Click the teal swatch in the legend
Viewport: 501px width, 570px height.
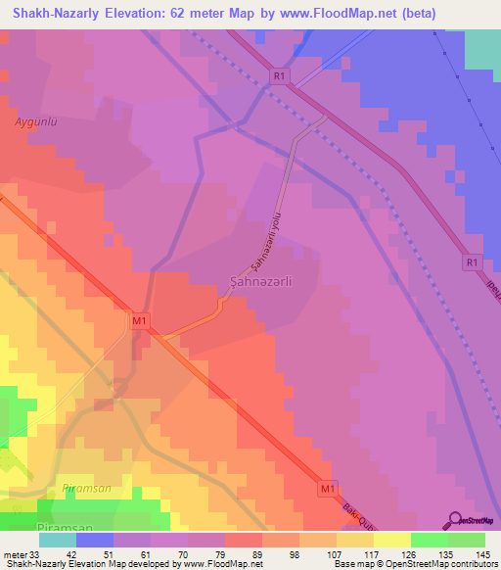coord(58,539)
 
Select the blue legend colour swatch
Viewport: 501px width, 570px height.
coord(95,539)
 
